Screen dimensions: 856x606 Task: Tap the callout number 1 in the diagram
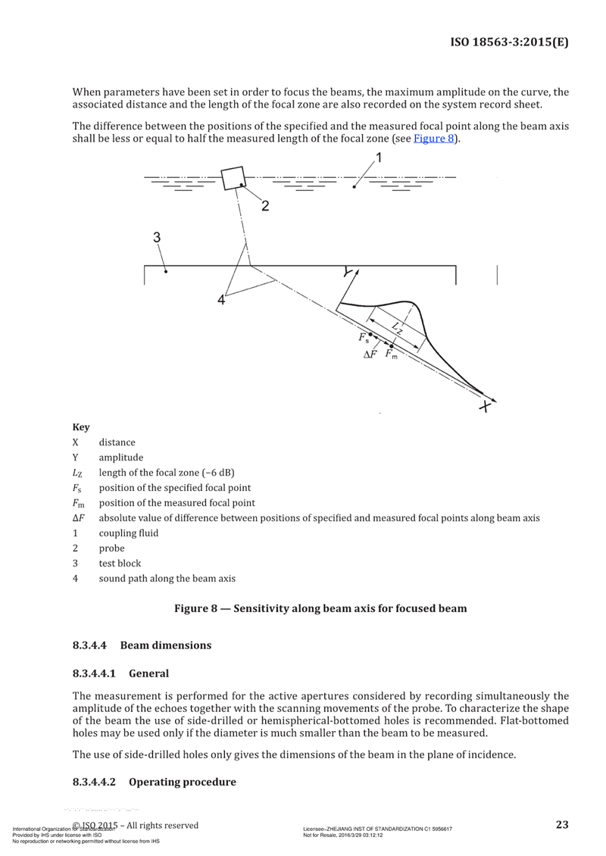[380, 158]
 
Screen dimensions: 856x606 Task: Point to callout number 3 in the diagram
[157, 237]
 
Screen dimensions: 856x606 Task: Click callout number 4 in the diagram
[221, 300]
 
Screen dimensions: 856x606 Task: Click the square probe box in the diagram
[233, 179]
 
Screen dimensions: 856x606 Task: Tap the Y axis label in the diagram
[348, 270]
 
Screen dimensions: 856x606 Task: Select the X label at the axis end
[485, 407]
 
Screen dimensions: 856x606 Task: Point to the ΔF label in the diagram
[370, 355]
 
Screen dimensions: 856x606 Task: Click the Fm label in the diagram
[391, 354]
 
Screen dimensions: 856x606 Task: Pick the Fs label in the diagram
[364, 338]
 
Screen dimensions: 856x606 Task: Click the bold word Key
[81, 427]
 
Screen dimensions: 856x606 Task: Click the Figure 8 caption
[320, 608]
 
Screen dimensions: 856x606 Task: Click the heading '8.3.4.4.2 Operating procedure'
[154, 781]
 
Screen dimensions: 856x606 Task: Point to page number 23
[562, 824]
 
